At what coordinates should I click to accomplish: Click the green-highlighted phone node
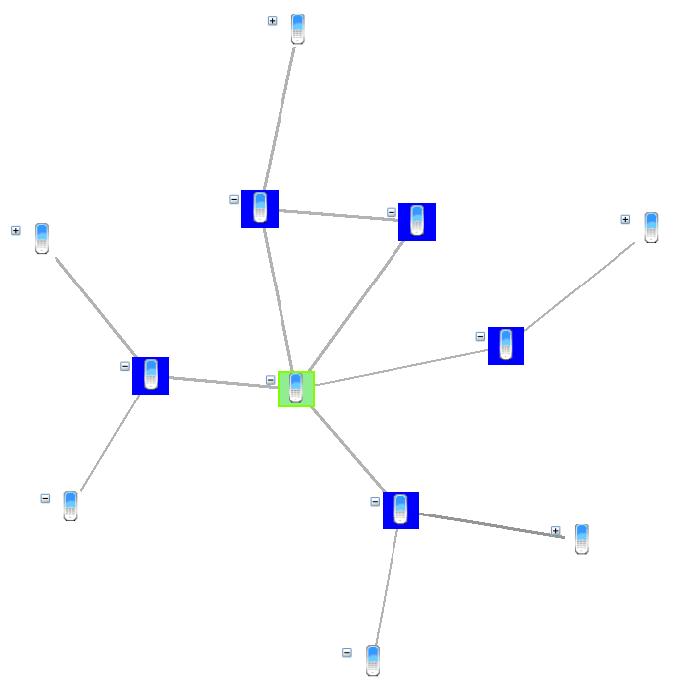[295, 390]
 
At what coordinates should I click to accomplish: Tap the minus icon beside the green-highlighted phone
[270, 380]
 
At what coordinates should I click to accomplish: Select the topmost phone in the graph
[298, 29]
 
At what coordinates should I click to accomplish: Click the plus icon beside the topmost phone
[273, 21]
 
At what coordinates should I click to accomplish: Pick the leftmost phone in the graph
[42, 238]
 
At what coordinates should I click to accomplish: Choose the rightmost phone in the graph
[651, 227]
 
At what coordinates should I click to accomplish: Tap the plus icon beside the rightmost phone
[625, 219]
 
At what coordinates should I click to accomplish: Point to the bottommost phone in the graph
[373, 660]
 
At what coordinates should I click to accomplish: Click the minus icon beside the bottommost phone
[347, 652]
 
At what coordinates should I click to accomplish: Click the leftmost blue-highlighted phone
[151, 375]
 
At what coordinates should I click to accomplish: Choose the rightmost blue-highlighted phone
[505, 345]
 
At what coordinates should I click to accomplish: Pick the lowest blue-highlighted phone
[400, 510]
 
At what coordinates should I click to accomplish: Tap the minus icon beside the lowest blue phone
[375, 501]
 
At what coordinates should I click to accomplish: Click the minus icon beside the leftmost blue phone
[125, 366]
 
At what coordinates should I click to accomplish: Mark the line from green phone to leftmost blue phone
[223, 382]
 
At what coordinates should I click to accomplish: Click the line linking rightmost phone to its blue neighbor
[580, 286]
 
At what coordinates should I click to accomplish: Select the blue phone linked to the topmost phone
[260, 208]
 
